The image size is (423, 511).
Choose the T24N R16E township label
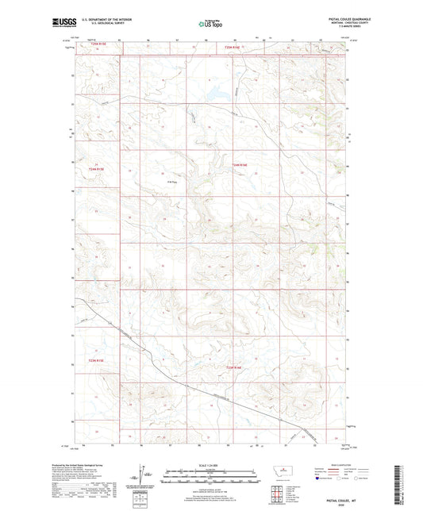[x=240, y=164]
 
